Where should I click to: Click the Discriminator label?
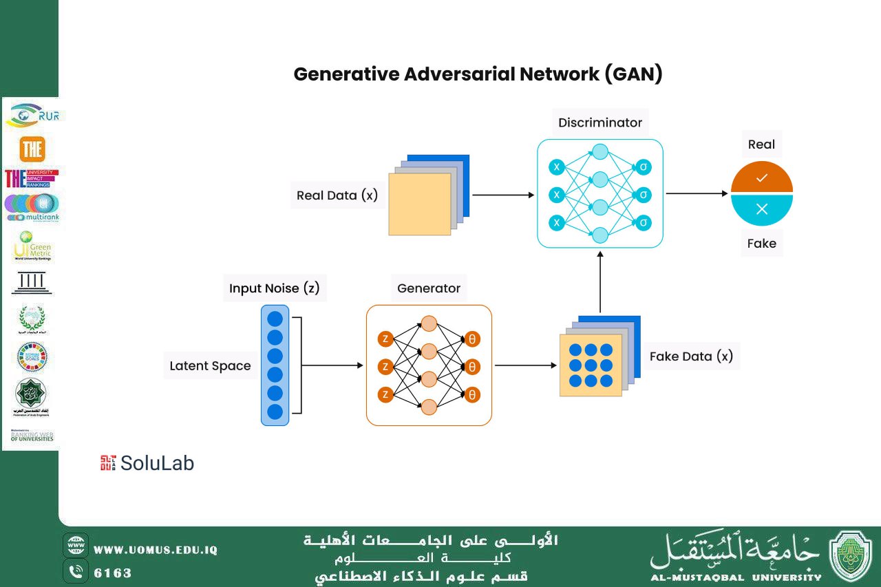point(599,123)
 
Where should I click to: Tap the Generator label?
point(428,288)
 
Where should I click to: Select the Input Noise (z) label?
point(275,288)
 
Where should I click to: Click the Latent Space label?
point(210,366)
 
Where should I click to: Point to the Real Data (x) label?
point(337,195)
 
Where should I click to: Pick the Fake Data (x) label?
point(691,356)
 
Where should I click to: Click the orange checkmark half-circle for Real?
point(761,178)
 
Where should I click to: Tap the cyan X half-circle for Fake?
point(761,210)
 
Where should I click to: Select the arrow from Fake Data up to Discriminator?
point(600,282)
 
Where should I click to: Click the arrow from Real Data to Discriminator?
point(502,195)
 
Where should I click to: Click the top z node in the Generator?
point(385,339)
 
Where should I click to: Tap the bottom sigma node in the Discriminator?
point(643,222)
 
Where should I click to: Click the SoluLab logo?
point(147,463)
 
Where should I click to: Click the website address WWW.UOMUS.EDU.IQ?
point(156,550)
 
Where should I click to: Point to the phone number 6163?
point(112,573)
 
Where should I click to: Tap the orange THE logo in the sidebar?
point(32,149)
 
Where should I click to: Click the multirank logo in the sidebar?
point(32,208)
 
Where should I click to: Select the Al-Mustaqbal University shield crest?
point(851,556)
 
